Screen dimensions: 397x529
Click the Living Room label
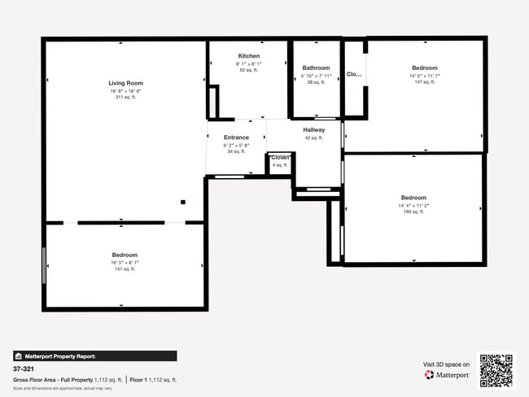click(x=126, y=83)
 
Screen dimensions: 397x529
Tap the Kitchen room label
click(x=249, y=56)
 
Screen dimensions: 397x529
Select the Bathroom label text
click(x=316, y=68)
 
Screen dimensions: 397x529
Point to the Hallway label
click(x=314, y=130)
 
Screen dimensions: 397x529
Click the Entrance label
click(x=236, y=137)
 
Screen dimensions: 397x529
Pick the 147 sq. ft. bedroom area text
click(x=424, y=82)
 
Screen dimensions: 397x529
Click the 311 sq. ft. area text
click(x=126, y=98)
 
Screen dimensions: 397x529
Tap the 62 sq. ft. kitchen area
click(x=249, y=71)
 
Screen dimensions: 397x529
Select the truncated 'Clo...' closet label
click(x=354, y=74)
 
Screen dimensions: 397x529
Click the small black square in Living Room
click(x=183, y=202)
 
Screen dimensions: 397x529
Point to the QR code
click(x=496, y=370)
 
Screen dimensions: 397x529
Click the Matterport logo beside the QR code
click(x=447, y=375)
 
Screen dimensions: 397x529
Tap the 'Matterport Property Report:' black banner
click(x=94, y=356)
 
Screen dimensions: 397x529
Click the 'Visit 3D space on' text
click(x=446, y=364)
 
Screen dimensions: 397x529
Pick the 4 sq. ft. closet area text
click(x=280, y=165)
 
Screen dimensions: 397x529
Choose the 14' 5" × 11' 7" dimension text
click(x=424, y=76)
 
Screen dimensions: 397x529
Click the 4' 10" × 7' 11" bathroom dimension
click(x=316, y=76)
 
